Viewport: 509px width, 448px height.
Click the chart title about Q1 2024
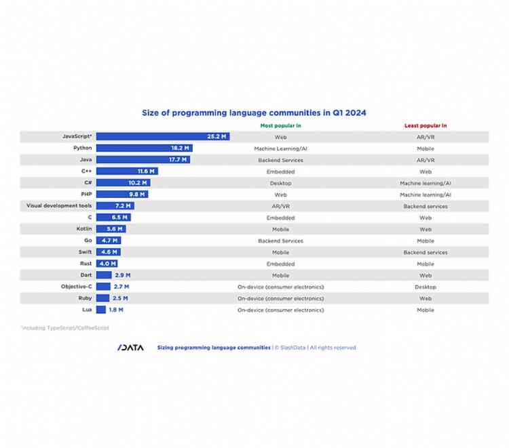pyautogui.click(x=253, y=113)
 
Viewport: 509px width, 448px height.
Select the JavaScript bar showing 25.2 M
pyautogui.click(x=162, y=137)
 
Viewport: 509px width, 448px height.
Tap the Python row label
pyautogui.click(x=83, y=148)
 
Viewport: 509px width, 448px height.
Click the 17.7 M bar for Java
pyautogui.click(x=143, y=160)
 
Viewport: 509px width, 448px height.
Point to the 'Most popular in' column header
pyautogui.click(x=281, y=125)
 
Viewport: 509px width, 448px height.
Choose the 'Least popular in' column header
pyautogui.click(x=426, y=125)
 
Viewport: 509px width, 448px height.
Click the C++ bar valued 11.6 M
pyautogui.click(x=126, y=171)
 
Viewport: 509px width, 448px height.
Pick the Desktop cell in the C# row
pyautogui.click(x=280, y=183)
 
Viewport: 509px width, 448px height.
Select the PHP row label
pyautogui.click(x=86, y=195)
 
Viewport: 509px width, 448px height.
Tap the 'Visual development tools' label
pyautogui.click(x=59, y=206)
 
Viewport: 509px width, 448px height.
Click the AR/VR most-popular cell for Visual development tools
pyautogui.click(x=280, y=206)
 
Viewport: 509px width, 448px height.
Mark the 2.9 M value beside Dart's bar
pyautogui.click(x=123, y=275)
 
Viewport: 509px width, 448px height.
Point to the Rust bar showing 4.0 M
pyautogui.click(x=107, y=264)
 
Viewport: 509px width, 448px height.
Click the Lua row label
pyautogui.click(x=87, y=310)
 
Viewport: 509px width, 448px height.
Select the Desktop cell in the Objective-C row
pyautogui.click(x=426, y=287)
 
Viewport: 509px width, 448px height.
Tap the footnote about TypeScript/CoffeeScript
pyautogui.click(x=64, y=327)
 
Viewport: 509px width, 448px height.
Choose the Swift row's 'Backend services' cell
pyautogui.click(x=426, y=252)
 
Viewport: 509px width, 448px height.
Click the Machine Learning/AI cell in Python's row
pyautogui.click(x=280, y=148)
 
